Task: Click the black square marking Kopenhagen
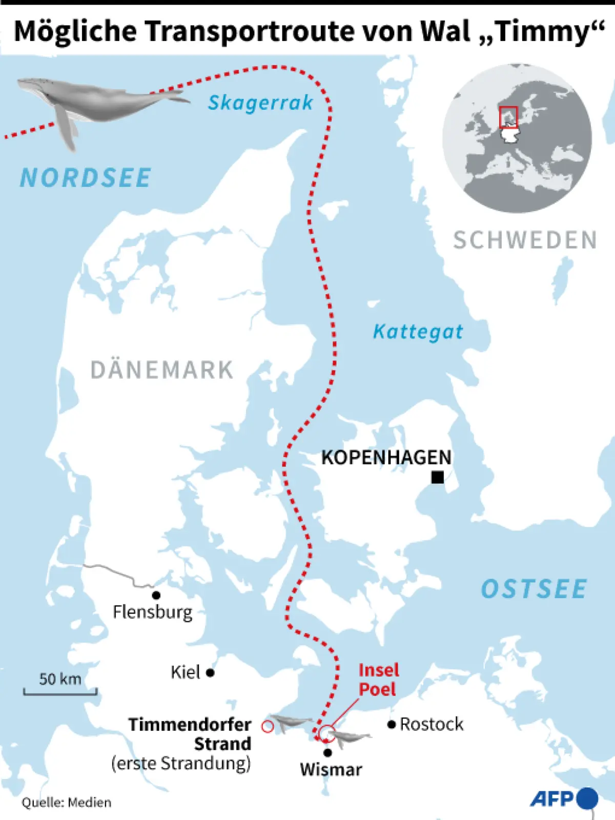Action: click(x=437, y=478)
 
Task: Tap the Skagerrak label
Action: click(x=260, y=103)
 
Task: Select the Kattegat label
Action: click(x=418, y=332)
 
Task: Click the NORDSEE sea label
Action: click(x=86, y=178)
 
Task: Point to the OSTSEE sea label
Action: click(x=534, y=589)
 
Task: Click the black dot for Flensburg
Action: click(x=156, y=595)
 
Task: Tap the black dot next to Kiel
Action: click(x=210, y=672)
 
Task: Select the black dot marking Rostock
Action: click(x=392, y=724)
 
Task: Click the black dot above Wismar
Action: click(x=327, y=752)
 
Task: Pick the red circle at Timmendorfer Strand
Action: click(x=267, y=726)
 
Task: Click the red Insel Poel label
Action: click(x=378, y=680)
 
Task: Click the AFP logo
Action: click(x=563, y=798)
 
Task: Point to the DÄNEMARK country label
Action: click(x=161, y=370)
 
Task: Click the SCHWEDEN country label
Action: click(x=525, y=240)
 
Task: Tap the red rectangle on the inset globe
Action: click(x=508, y=117)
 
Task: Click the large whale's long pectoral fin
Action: click(x=66, y=128)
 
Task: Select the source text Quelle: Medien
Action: click(x=67, y=802)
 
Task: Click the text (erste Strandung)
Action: click(x=181, y=763)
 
